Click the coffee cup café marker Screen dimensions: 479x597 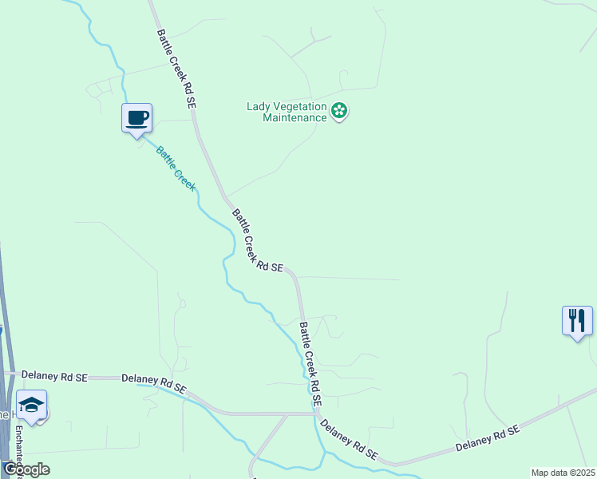point(136,118)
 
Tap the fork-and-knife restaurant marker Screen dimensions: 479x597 point(577,321)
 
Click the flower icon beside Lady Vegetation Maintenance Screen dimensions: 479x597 point(340,111)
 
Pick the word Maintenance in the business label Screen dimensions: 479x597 point(295,117)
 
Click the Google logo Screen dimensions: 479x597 point(26,469)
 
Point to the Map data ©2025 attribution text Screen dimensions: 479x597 point(563,473)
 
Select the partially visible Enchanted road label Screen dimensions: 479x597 point(18,447)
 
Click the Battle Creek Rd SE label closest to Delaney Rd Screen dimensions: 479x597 point(310,362)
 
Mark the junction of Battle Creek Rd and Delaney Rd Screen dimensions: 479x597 point(317,414)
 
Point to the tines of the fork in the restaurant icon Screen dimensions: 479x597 point(571,315)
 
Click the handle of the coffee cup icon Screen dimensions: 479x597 point(146,117)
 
